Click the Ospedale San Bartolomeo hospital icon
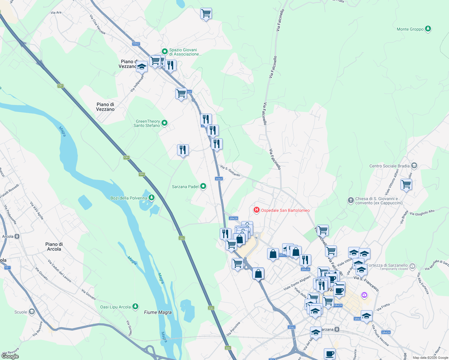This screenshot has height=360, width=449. tap(256, 210)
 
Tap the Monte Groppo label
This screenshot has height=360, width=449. tap(410, 29)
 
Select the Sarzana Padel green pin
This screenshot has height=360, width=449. tap(203, 186)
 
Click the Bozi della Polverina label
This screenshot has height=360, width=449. tap(129, 198)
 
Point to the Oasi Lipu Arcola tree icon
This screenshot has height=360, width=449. tap(136, 306)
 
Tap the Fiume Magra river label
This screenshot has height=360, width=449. tap(158, 312)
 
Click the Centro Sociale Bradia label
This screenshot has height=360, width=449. tap(389, 166)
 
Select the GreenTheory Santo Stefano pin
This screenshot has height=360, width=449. tap(164, 123)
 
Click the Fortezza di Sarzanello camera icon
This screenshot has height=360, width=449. tap(412, 266)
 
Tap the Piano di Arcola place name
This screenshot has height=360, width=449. tap(54, 247)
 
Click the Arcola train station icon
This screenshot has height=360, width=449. tap(17, 236)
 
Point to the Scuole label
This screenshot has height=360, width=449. tap(21, 312)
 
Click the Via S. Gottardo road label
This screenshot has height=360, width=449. tap(230, 171)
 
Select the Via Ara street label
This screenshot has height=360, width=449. tap(56, 13)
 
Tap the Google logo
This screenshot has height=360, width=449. tap(10, 356)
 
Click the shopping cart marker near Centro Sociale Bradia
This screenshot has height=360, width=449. tap(406, 185)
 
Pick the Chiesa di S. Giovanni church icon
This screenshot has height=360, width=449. tap(351, 200)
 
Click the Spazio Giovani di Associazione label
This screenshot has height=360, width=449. tap(185, 52)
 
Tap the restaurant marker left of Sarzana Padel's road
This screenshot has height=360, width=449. tap(183, 150)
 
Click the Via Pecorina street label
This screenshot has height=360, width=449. tap(234, 329)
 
